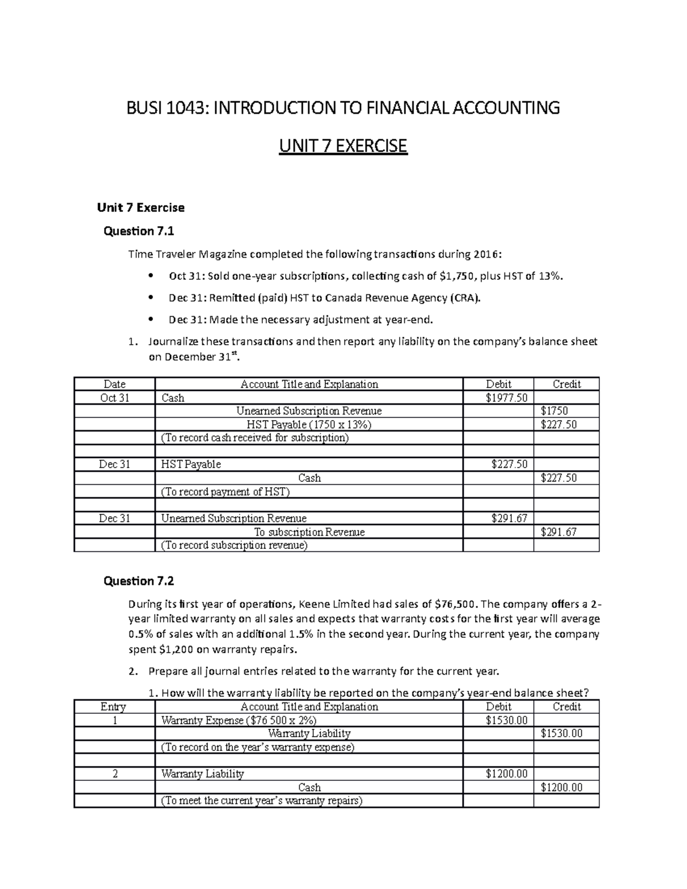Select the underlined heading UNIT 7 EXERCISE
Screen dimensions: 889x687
coord(342,147)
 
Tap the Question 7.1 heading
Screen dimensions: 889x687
coord(138,231)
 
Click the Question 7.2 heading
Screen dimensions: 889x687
coord(138,581)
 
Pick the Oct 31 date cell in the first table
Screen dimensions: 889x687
coord(114,398)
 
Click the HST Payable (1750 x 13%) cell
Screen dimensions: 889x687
coord(309,425)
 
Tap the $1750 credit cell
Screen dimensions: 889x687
coord(554,411)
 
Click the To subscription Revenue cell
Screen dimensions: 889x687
coord(309,532)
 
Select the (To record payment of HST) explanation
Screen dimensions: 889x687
coord(226,492)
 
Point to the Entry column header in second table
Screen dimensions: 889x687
coord(113,707)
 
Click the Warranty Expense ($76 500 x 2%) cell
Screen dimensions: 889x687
coord(239,720)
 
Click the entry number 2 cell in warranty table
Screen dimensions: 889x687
coord(114,774)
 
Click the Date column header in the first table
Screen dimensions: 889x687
coord(114,384)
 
